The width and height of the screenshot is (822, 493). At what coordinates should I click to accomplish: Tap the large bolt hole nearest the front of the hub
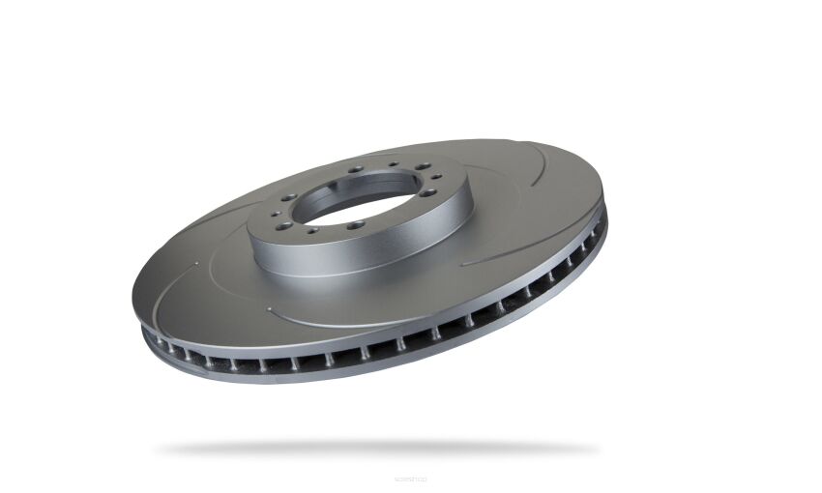click(x=356, y=224)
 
